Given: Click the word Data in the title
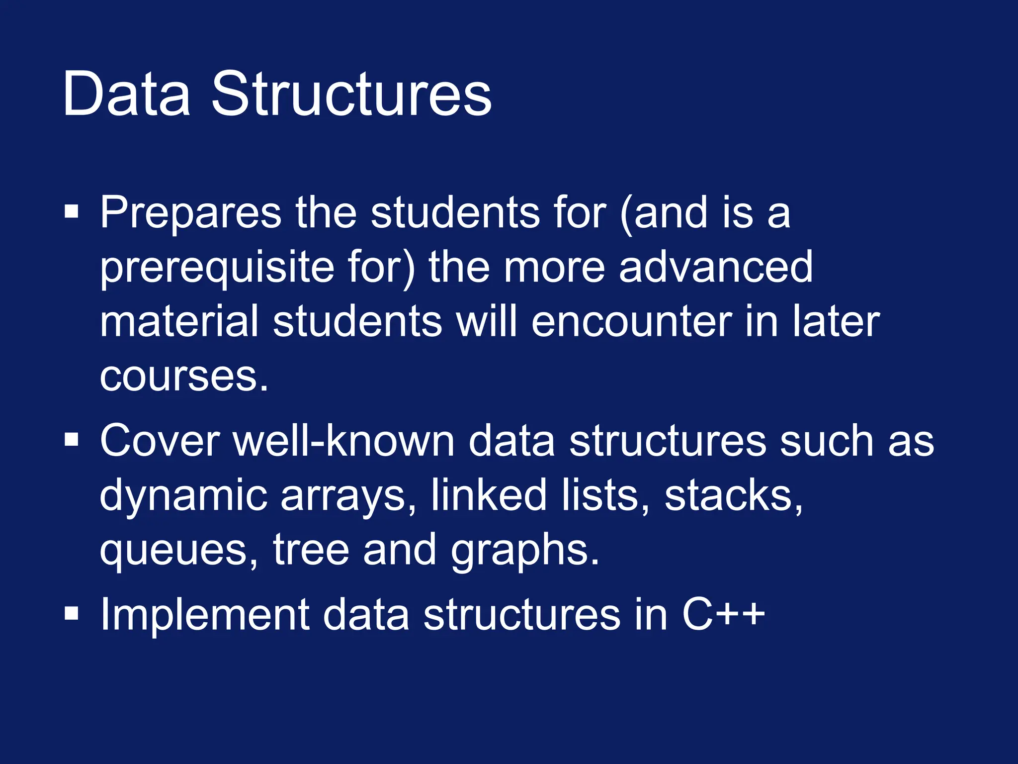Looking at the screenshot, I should [x=126, y=95].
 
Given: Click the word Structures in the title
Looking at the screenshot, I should [x=351, y=95].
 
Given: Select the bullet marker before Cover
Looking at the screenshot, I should [x=72, y=440].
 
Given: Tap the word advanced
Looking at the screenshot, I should [x=716, y=268].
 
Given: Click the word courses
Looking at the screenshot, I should [x=184, y=377].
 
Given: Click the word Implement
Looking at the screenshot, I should [x=205, y=615].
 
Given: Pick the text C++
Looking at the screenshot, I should [x=723, y=615].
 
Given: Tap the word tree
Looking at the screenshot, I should [x=311, y=550].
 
